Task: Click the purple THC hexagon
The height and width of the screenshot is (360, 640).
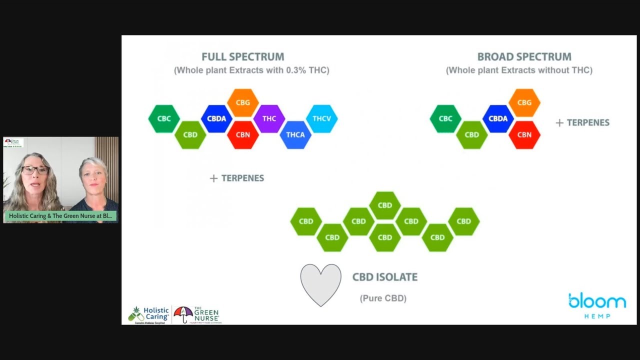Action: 269,118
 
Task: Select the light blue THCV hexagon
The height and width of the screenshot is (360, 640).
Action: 321,118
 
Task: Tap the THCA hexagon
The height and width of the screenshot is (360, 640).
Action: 295,134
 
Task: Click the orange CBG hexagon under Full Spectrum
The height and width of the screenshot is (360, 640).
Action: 243,102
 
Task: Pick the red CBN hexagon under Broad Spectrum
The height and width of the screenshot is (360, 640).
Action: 524,134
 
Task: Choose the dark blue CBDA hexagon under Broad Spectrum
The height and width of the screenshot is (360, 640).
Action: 498,118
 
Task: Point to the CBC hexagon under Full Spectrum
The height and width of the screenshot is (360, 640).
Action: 164,118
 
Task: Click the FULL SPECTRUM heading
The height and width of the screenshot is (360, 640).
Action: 242,57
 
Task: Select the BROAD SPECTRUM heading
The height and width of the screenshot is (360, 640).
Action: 524,57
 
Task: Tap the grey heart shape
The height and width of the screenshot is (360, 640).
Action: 320,283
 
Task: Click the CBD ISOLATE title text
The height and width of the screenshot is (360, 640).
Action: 384,277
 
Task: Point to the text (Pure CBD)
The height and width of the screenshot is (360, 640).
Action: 383,298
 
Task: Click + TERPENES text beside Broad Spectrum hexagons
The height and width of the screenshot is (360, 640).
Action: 582,122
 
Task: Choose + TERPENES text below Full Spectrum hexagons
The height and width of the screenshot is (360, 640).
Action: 237,178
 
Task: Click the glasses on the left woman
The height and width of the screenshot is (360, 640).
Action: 35,170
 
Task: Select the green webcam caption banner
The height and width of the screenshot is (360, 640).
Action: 60,216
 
